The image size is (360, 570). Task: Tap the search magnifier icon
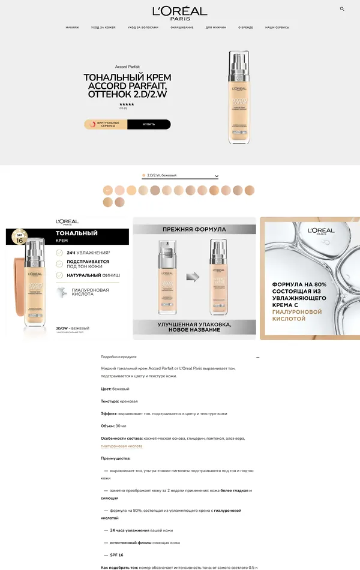click(342, 9)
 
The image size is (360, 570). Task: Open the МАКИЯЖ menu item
click(72, 28)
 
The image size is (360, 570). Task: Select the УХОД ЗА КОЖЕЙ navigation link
click(103, 28)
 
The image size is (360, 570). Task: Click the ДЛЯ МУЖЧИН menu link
click(215, 28)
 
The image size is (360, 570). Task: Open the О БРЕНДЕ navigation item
click(245, 28)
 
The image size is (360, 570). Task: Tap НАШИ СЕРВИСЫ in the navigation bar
click(277, 28)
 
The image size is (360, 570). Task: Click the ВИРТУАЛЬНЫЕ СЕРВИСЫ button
click(106, 124)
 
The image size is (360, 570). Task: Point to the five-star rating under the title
click(127, 104)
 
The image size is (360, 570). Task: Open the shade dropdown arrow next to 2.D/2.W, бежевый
click(217, 176)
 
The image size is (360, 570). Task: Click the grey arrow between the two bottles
click(192, 277)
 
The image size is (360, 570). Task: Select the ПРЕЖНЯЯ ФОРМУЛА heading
click(194, 229)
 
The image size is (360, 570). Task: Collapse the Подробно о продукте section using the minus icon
click(258, 357)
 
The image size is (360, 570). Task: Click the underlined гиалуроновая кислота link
click(121, 446)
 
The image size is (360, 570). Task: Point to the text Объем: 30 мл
click(113, 426)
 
